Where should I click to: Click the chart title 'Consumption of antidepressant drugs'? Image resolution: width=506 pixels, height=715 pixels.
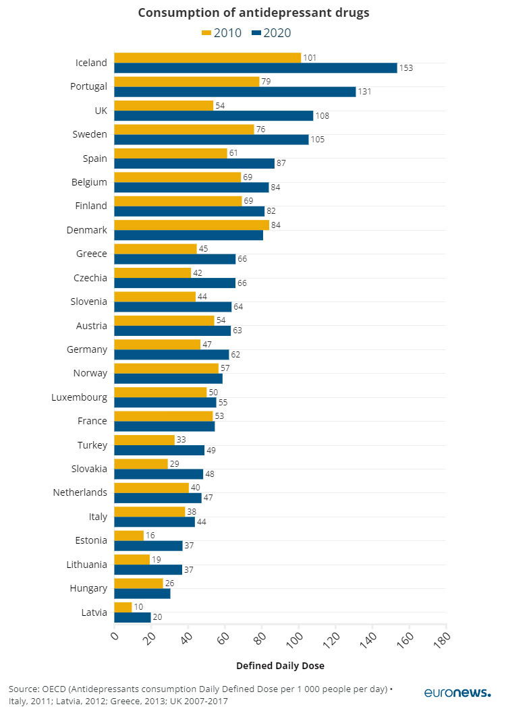coord(253,13)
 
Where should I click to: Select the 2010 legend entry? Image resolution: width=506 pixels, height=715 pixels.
coord(222,33)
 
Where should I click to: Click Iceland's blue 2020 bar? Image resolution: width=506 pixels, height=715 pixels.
coord(255,67)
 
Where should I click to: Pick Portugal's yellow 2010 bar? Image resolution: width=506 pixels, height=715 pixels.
coord(187,82)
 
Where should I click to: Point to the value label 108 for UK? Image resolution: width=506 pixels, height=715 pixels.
coord(322,116)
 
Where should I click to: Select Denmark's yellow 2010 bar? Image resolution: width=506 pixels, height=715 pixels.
coord(192,225)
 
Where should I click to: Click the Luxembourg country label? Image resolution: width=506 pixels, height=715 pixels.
coord(79,397)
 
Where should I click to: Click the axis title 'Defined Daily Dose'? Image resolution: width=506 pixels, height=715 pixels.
coord(280,666)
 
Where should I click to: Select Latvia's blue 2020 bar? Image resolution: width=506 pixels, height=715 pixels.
coord(132,617)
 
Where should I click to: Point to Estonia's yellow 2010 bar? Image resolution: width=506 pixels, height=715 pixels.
coord(129,536)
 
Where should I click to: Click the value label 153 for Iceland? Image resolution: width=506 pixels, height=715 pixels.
coord(405,68)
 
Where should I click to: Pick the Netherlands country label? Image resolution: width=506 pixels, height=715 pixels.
coord(80,492)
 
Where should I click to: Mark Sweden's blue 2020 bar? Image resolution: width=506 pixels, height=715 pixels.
coord(211,140)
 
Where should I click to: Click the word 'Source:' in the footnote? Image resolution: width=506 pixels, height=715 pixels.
coord(23,689)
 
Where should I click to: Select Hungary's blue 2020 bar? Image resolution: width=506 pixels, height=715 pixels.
coord(142,594)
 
